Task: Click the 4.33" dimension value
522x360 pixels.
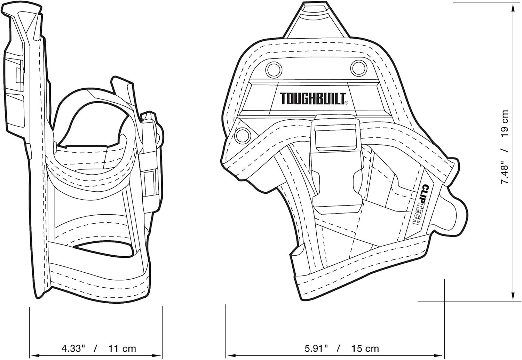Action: click(x=74, y=349)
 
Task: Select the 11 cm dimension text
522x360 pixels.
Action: click(x=122, y=349)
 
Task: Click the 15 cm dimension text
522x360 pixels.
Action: click(x=365, y=349)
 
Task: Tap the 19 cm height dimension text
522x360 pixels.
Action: click(x=504, y=124)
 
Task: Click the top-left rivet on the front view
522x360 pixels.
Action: click(x=274, y=70)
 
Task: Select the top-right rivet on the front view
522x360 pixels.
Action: click(x=359, y=68)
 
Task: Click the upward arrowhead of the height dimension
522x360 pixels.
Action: click(x=513, y=9)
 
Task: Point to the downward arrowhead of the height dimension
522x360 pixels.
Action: click(x=513, y=294)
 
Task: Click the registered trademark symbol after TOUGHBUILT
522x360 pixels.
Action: click(x=346, y=103)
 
